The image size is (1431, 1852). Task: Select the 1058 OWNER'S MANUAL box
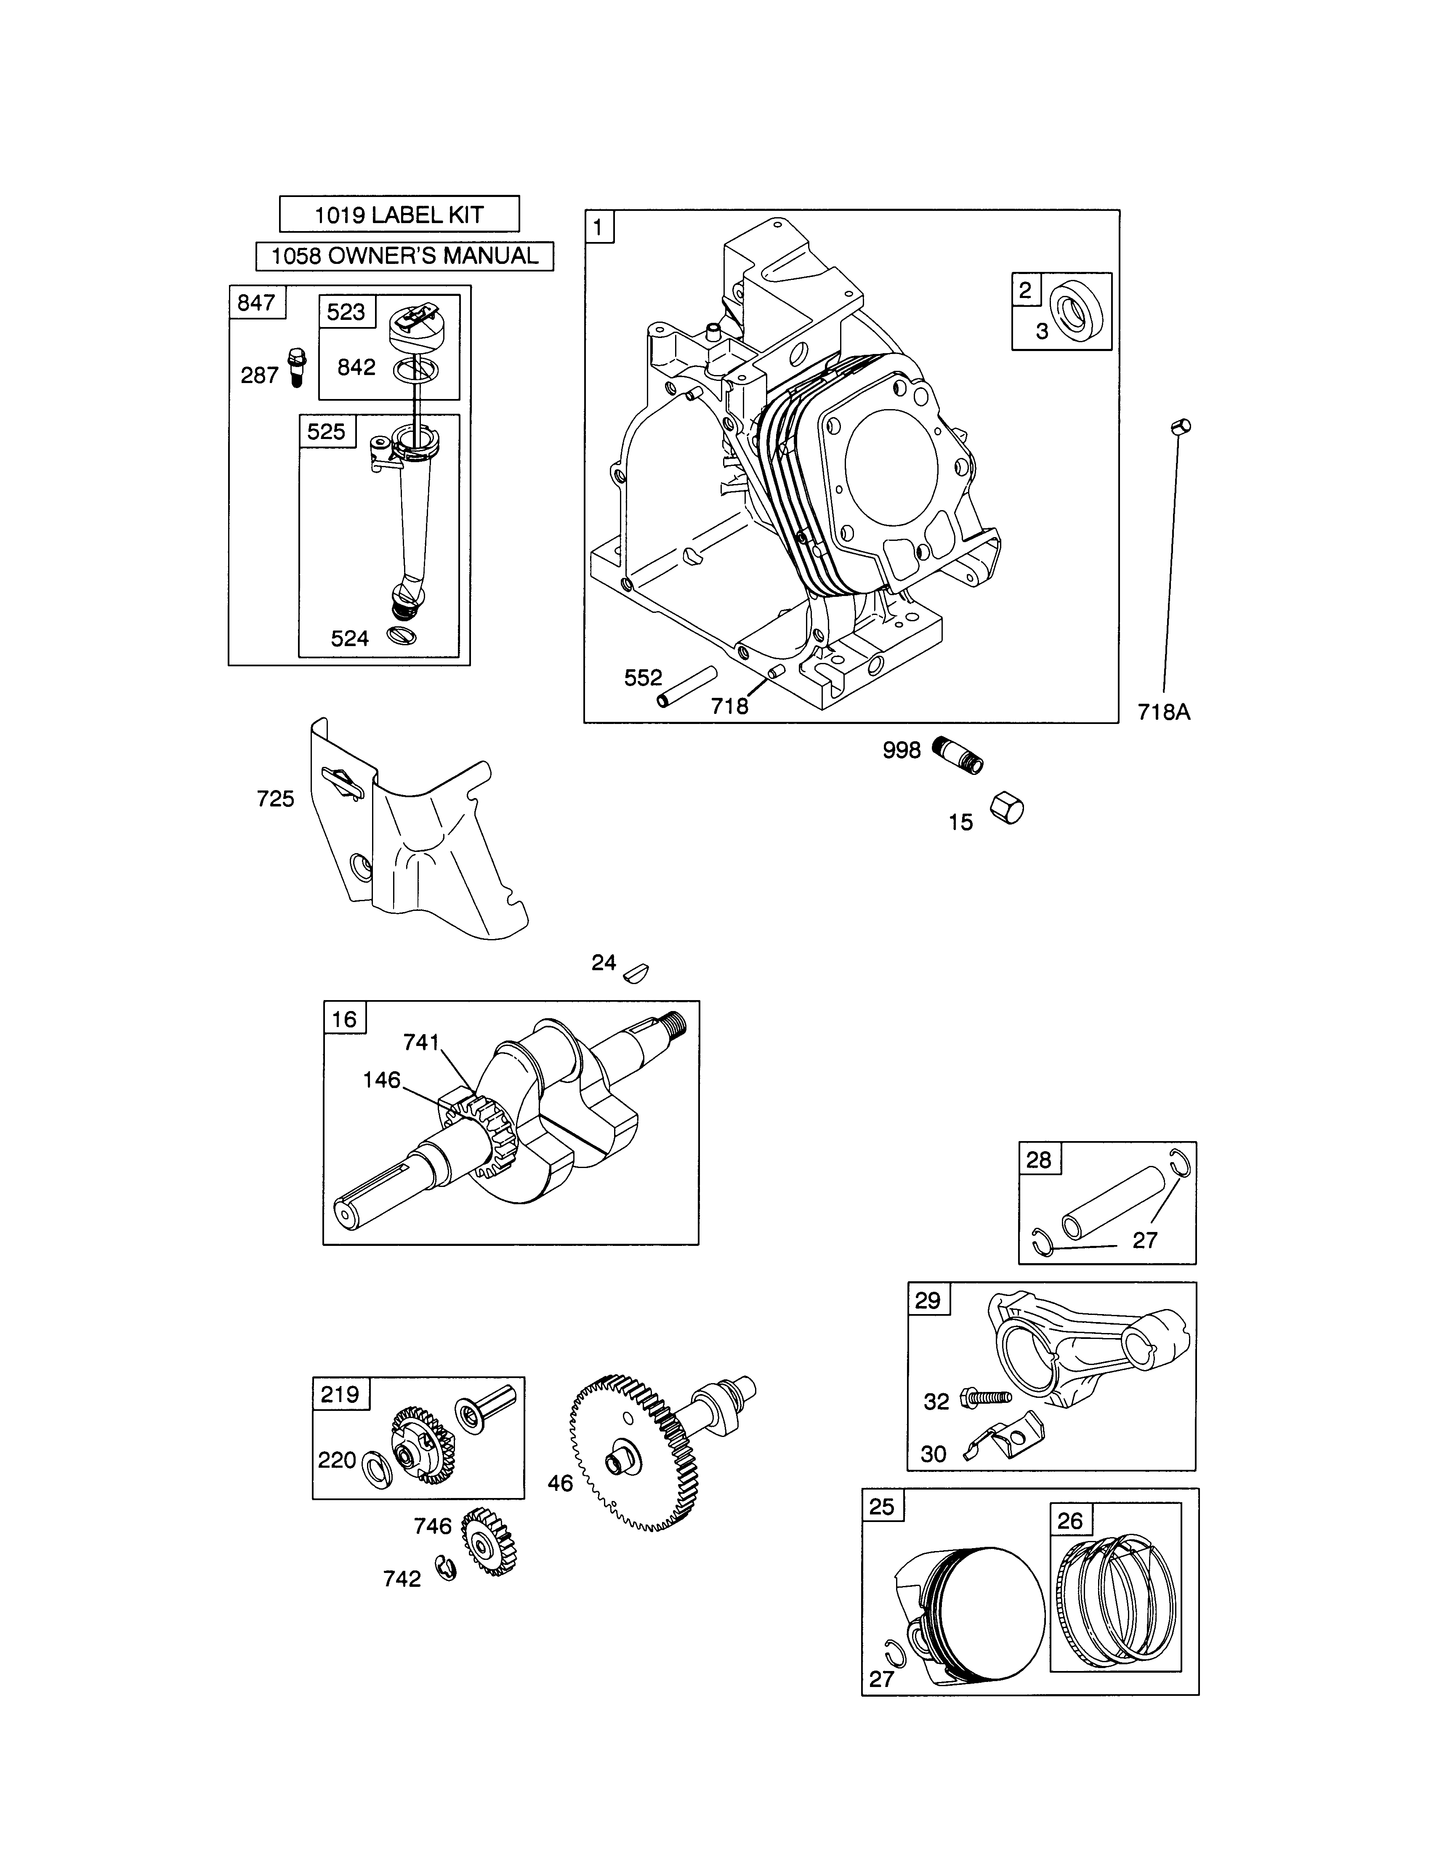click(x=404, y=256)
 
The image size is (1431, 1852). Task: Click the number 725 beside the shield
click(x=276, y=799)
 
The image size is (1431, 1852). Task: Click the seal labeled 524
click(x=399, y=635)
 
